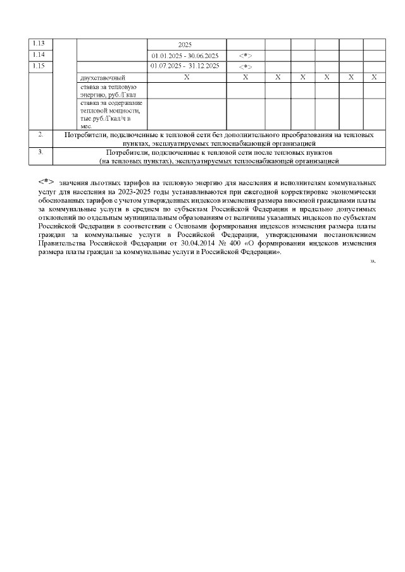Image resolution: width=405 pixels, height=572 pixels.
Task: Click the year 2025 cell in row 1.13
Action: click(185, 45)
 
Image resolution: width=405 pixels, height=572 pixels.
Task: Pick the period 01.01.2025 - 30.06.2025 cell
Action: click(185, 56)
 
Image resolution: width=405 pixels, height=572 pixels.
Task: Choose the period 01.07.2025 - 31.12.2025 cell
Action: click(185, 66)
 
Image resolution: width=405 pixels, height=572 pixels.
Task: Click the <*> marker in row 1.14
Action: click(246, 56)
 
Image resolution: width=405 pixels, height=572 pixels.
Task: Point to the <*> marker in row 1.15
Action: click(246, 66)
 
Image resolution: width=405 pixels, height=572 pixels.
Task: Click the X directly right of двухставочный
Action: click(186, 76)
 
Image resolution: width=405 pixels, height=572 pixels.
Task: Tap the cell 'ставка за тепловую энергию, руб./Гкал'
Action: click(109, 90)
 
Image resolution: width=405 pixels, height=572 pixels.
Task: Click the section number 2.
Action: click(40, 135)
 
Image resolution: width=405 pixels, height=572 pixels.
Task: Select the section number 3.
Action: click(40, 152)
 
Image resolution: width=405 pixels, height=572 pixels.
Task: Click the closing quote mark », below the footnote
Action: click(373, 260)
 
